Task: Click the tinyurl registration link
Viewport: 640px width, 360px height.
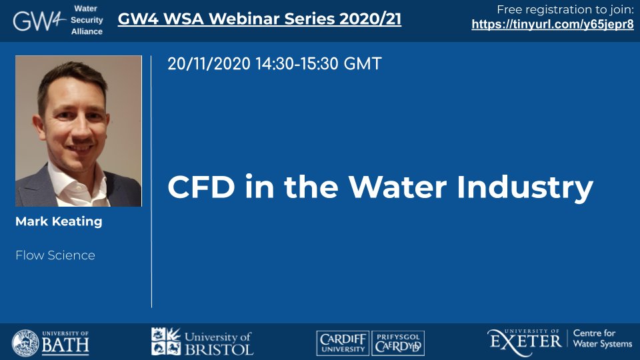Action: [x=553, y=25]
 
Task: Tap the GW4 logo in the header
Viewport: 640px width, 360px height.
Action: [x=39, y=21]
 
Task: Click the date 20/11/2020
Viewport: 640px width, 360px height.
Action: [x=209, y=64]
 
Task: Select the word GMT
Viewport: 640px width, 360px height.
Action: [x=363, y=64]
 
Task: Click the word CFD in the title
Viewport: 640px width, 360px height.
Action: [x=201, y=187]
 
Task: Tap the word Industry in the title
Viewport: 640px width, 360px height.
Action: [x=525, y=188]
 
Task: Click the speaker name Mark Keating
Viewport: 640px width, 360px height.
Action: [x=59, y=221]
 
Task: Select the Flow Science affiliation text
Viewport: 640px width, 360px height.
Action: [x=55, y=255]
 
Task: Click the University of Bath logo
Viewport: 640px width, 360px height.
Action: [x=50, y=343]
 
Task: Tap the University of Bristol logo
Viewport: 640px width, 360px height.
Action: [x=202, y=341]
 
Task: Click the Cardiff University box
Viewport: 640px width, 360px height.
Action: [x=343, y=343]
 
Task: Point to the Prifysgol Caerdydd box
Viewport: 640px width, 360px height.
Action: [x=398, y=343]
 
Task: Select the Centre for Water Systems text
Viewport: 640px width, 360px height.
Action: [x=603, y=339]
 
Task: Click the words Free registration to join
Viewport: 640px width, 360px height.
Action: [x=565, y=9]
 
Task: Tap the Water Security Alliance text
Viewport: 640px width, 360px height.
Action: [x=87, y=20]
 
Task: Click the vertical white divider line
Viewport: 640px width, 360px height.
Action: [x=151, y=181]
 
